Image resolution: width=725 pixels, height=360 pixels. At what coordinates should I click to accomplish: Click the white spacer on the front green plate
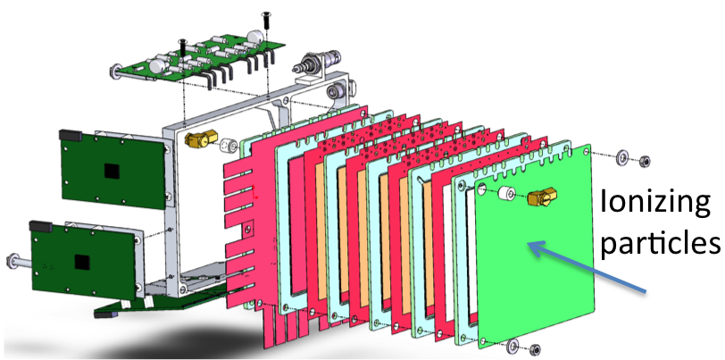click(x=506, y=193)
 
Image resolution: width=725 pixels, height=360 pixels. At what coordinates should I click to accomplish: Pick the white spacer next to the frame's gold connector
click(x=228, y=146)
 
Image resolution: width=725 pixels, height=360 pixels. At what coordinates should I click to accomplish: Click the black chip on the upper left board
click(x=112, y=171)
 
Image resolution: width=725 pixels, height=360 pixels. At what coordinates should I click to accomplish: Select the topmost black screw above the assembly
click(x=267, y=19)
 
